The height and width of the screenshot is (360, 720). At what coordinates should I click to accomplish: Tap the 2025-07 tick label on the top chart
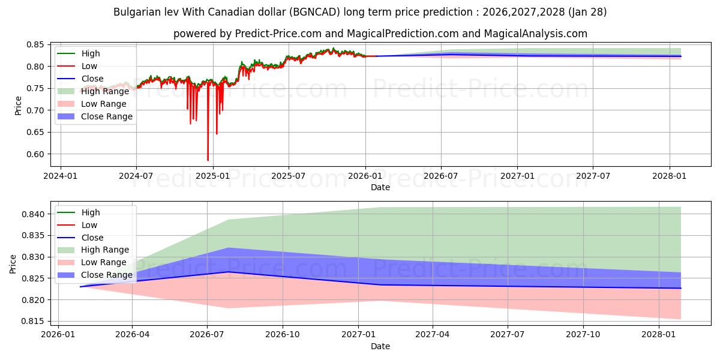pos(289,176)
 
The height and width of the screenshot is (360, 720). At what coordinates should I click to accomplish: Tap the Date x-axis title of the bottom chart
pos(380,346)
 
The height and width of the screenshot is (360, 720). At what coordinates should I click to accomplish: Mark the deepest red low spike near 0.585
pos(208,160)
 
